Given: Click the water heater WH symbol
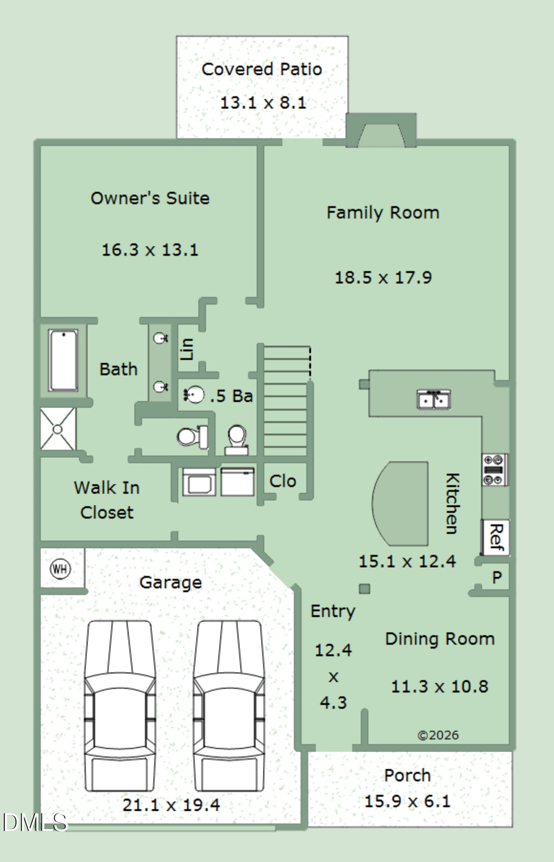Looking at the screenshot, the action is (x=60, y=569).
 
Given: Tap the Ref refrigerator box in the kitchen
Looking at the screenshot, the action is (x=496, y=537).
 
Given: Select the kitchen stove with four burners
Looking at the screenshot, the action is (x=495, y=469).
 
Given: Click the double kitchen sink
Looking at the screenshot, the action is (x=434, y=399).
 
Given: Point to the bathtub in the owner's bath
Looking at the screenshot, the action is (x=63, y=360).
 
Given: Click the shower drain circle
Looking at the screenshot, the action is (x=57, y=429).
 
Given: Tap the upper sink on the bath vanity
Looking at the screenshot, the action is (x=161, y=338).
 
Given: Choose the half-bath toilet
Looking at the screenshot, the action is (x=236, y=440).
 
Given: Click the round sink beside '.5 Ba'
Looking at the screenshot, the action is (x=195, y=395).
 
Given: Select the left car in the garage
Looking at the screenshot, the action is (x=120, y=706).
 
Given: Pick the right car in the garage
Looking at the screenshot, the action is (x=229, y=706).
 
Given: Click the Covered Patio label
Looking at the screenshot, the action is (x=262, y=70).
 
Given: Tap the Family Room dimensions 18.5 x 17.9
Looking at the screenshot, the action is (x=383, y=277).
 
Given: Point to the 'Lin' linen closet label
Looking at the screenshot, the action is (x=187, y=349).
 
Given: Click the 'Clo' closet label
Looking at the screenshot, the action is (x=283, y=481).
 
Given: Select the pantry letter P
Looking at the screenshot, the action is (x=497, y=577).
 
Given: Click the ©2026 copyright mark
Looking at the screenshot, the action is (x=438, y=735).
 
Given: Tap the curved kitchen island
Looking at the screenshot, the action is (x=400, y=503).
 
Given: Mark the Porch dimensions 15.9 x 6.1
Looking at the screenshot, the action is (x=407, y=802).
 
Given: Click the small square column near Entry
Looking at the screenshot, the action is (x=364, y=589).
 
